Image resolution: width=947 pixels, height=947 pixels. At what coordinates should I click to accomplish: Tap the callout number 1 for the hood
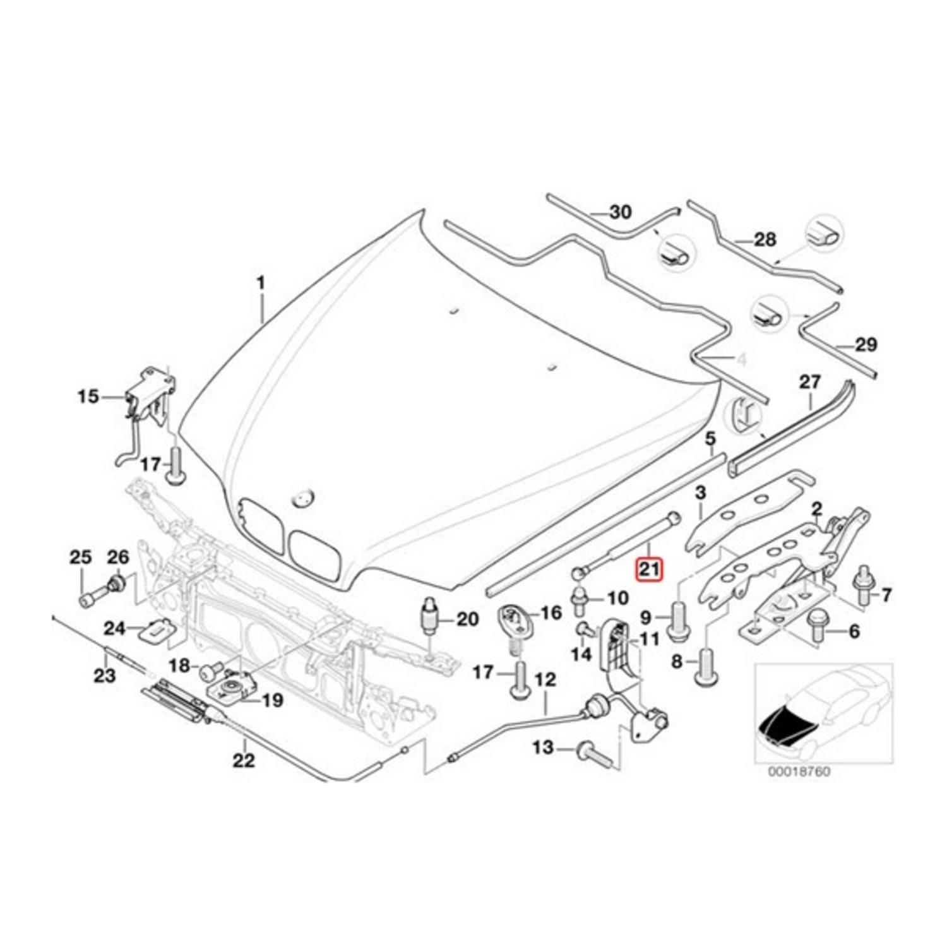pyautogui.click(x=260, y=283)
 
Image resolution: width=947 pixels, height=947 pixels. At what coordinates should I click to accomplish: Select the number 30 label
pyautogui.click(x=620, y=212)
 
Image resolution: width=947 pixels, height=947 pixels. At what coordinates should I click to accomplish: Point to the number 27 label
pyautogui.click(x=810, y=382)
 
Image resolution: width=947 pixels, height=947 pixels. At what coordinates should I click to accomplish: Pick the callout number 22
pyautogui.click(x=244, y=760)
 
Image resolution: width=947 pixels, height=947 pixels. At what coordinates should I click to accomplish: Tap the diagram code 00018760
pyautogui.click(x=799, y=771)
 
